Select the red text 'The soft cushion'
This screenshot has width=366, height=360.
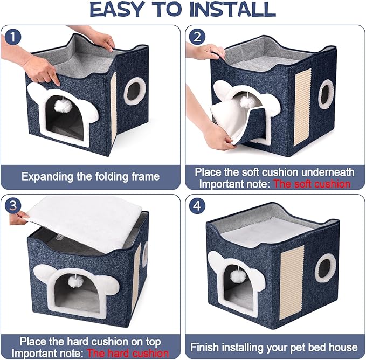click(312, 184)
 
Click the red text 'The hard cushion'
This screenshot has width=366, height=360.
click(127, 353)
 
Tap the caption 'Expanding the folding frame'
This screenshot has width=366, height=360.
click(90, 177)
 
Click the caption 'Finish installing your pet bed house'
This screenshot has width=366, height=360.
click(274, 347)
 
